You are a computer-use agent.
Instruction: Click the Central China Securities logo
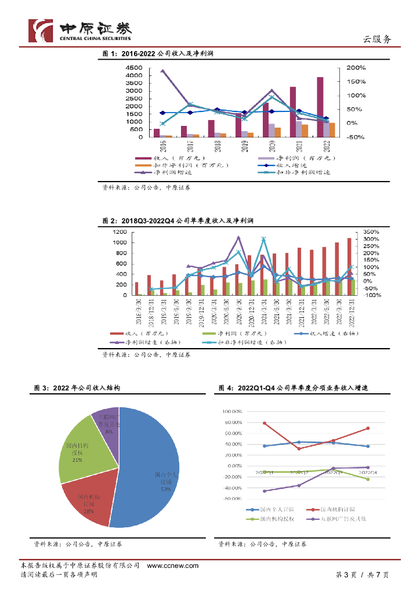pyautogui.click(x=80, y=30)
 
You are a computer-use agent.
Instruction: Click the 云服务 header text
pyautogui.click(x=376, y=39)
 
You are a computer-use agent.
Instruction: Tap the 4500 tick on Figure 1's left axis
pyautogui.click(x=134, y=68)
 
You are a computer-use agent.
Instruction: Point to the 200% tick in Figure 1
pyautogui.click(x=356, y=68)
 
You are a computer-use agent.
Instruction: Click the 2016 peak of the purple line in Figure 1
pyautogui.click(x=162, y=71)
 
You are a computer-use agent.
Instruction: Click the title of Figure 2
pyautogui.click(x=178, y=221)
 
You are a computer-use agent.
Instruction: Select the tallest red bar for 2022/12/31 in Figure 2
pyautogui.click(x=349, y=267)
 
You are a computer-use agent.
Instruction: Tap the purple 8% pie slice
pyautogui.click(x=107, y=426)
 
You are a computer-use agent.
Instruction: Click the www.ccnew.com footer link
pyautogui.click(x=172, y=566)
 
